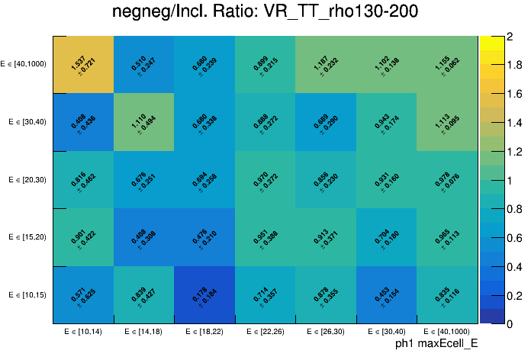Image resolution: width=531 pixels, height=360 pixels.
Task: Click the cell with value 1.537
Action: tap(83, 65)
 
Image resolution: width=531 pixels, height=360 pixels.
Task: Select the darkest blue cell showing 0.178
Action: tap(204, 295)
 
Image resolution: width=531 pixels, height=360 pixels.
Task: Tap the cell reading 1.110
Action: tap(144, 122)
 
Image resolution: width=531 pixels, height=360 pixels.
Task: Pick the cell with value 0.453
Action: tap(387, 295)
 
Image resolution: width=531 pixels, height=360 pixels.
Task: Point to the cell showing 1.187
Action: tap(327, 65)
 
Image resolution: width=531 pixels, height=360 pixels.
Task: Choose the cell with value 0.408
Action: tap(83, 122)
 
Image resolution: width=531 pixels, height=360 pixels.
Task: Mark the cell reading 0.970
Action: tap(265, 180)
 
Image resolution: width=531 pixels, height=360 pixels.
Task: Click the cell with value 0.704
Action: tap(387, 237)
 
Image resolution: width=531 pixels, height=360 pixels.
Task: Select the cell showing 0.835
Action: tap(448, 295)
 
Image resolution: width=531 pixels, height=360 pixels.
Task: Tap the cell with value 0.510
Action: tap(144, 65)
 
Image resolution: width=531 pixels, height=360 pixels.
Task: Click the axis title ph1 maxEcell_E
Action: tap(436, 344)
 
